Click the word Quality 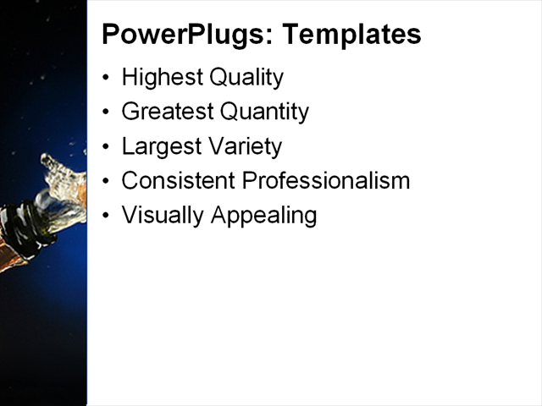point(244,78)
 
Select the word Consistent point(178,180)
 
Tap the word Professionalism point(326,180)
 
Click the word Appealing point(263,215)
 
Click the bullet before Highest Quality point(106,79)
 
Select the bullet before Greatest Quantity point(106,112)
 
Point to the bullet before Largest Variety point(106,147)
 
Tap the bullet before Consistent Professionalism point(106,181)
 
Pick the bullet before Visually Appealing point(106,216)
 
